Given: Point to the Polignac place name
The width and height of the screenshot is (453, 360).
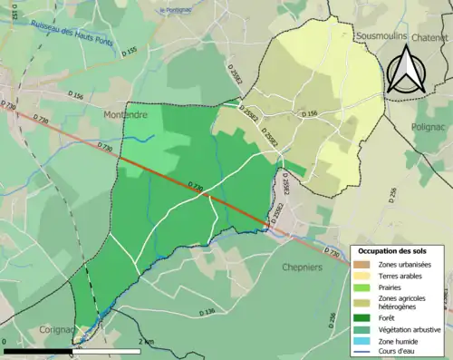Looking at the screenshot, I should (430, 129).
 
